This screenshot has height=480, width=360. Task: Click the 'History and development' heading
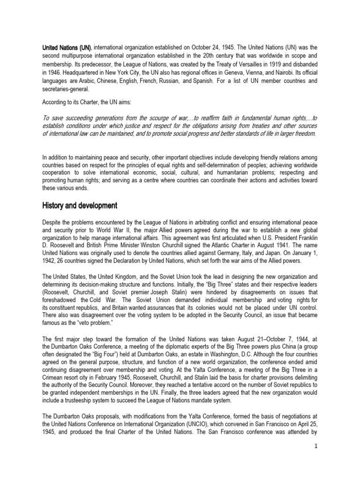pyautogui.click(x=81, y=206)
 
